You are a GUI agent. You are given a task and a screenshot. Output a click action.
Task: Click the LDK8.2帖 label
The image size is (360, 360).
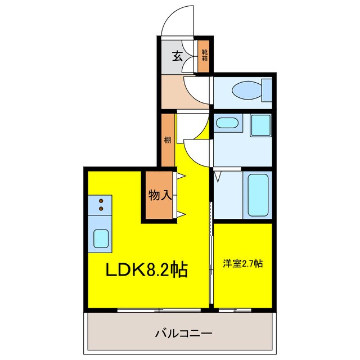point(147,271)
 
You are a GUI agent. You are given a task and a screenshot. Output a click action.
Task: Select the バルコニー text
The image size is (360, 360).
point(183,334)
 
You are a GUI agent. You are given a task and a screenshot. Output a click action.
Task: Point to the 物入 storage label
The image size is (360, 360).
point(160,196)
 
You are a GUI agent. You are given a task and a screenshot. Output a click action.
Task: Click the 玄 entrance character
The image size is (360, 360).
point(177,56)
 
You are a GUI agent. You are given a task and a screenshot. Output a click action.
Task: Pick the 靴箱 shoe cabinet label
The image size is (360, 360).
point(205,56)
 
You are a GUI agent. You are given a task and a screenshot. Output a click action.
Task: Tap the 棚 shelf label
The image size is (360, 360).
point(167,141)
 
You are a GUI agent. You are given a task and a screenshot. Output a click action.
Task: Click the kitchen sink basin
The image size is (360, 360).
point(101,238)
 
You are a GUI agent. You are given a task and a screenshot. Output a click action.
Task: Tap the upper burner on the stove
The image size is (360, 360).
point(101,200)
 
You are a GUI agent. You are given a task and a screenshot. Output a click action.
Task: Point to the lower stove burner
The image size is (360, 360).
point(101,209)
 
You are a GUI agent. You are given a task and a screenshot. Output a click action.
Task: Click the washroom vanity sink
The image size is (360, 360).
point(227,124)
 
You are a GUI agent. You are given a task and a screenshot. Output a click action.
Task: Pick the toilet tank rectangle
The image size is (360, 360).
point(267,90)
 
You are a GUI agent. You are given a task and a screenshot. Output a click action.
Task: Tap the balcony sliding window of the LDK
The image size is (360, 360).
point(159,310)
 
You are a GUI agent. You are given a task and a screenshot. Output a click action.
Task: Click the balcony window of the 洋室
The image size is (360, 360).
point(235,310)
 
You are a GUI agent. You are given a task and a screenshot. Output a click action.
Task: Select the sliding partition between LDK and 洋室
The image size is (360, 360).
point(211,253)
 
